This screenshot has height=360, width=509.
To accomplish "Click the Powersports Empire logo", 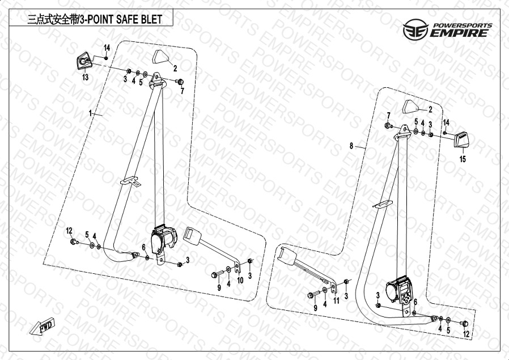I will [x=447, y=29].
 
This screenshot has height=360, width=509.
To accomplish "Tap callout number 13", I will [x=85, y=77].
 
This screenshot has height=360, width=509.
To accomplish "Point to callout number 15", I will [x=463, y=160].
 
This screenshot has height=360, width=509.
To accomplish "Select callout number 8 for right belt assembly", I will [x=351, y=146].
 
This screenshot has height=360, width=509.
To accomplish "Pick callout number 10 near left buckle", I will [x=240, y=280].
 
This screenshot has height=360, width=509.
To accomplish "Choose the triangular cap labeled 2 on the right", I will [x=412, y=106].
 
